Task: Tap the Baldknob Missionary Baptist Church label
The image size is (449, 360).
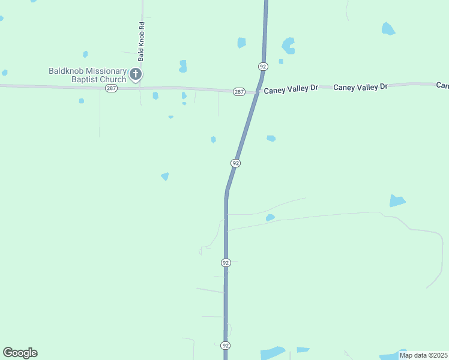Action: [x=88, y=75]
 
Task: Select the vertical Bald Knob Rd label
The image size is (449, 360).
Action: [x=142, y=42]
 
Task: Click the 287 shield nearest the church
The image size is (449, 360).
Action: [x=110, y=88]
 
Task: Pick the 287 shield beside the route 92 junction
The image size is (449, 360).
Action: [x=239, y=91]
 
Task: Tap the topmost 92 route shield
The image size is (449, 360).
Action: [x=263, y=65]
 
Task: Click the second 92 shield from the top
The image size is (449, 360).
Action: [x=236, y=163]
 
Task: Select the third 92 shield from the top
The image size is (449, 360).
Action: [x=226, y=263]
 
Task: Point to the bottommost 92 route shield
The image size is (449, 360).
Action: [x=225, y=346]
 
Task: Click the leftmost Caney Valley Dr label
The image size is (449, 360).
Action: [x=291, y=88]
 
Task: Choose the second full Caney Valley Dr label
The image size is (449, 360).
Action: [x=360, y=87]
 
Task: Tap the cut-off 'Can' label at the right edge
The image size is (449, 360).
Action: [x=443, y=86]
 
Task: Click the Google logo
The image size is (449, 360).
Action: [x=20, y=353]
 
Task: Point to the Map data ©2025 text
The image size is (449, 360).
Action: [x=423, y=355]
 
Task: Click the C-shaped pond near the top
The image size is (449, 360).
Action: [x=289, y=46]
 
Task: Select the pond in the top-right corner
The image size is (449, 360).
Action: [x=388, y=28]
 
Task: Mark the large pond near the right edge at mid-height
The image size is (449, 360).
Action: [x=397, y=200]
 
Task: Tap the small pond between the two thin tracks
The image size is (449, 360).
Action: [x=270, y=218]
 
